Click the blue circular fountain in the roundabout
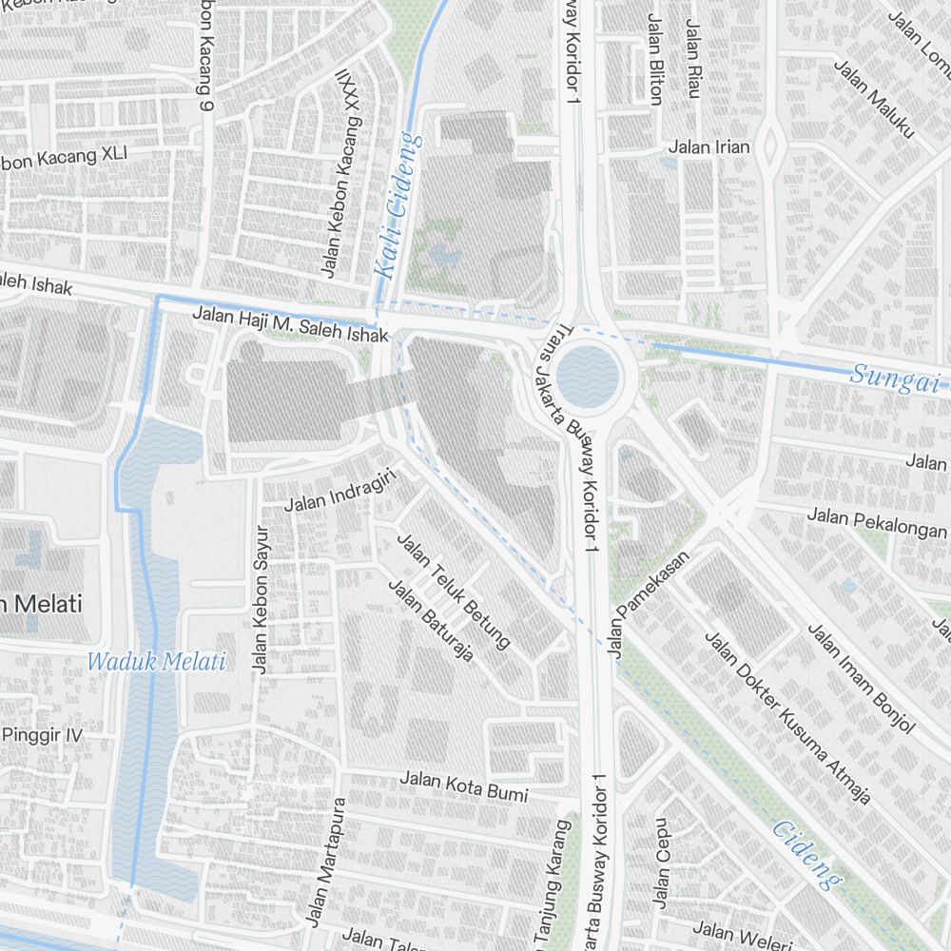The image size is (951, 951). (x=588, y=375)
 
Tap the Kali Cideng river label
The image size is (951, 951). (x=398, y=205)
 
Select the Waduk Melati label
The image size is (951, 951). (x=156, y=662)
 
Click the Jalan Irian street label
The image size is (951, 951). (x=708, y=146)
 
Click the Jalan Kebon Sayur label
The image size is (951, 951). (x=260, y=599)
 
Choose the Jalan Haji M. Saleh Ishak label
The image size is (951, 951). (x=290, y=323)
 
